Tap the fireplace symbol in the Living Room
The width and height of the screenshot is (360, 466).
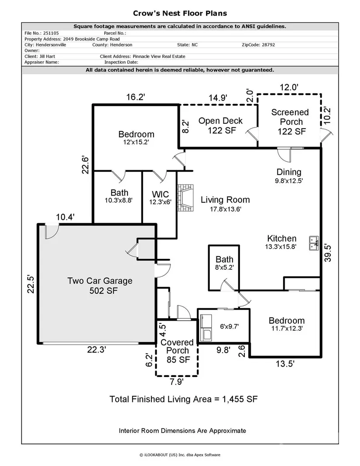click(185, 199)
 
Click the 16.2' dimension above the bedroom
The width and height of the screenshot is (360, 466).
click(135, 97)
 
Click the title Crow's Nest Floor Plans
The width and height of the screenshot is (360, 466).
click(180, 14)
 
